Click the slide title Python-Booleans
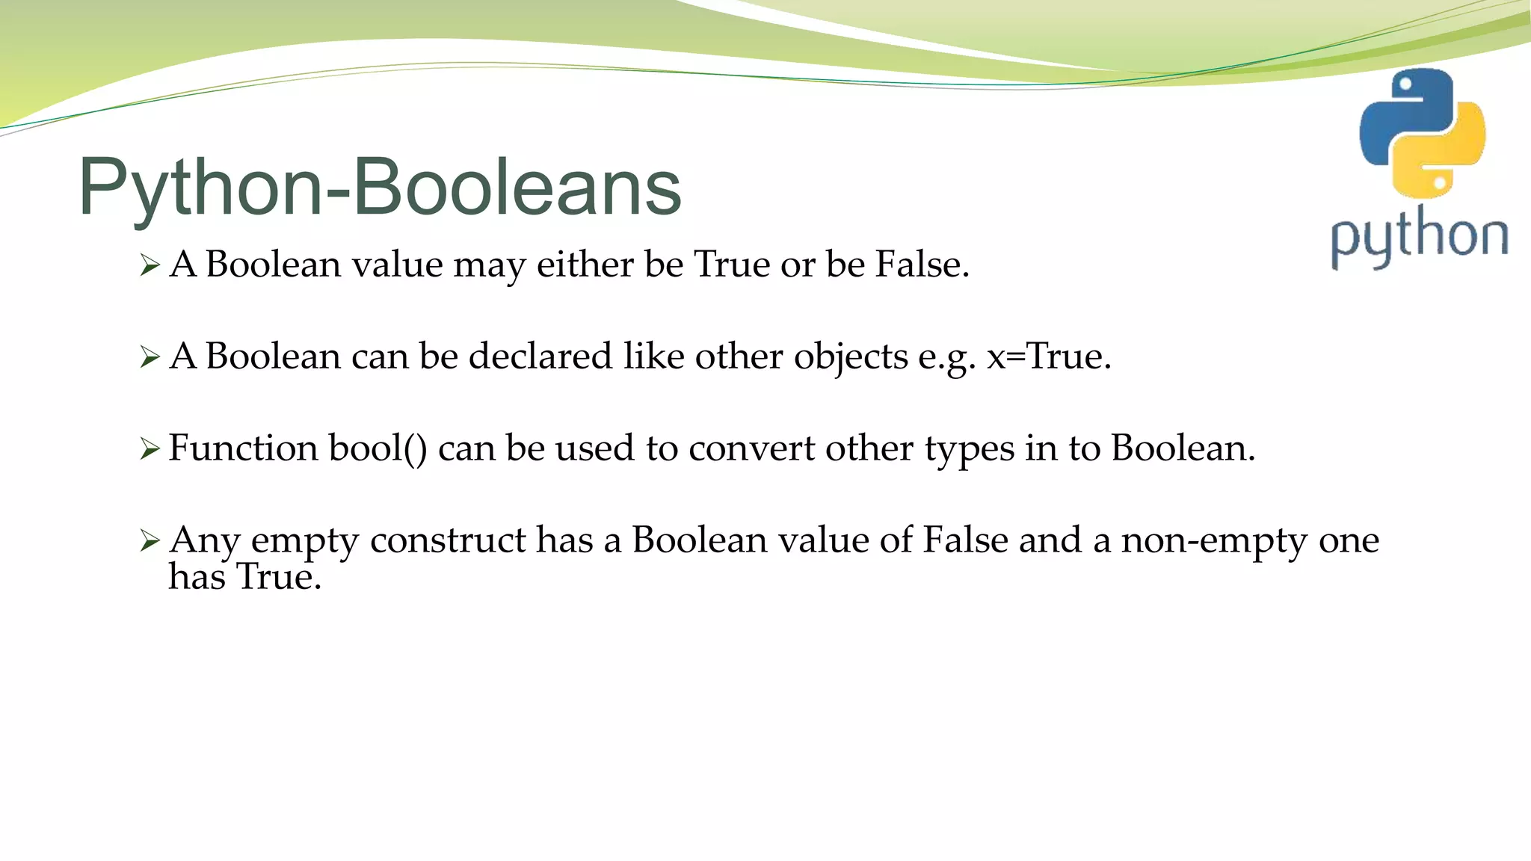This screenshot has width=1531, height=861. (380, 187)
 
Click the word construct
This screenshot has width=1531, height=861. (448, 540)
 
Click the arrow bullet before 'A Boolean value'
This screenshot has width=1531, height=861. (150, 265)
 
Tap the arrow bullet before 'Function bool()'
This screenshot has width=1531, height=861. (150, 449)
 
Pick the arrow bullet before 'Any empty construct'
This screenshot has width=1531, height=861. (150, 541)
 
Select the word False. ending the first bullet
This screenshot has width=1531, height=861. (922, 265)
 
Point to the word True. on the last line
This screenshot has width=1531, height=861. (278, 577)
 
